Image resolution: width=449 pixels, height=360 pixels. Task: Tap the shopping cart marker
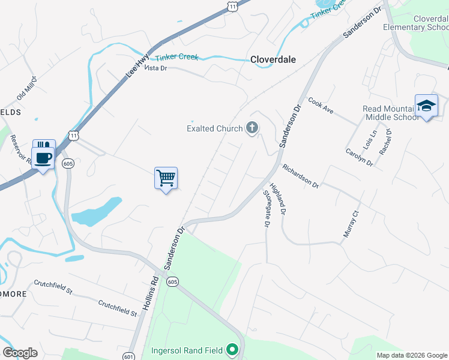166,178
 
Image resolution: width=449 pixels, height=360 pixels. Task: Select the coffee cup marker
43,158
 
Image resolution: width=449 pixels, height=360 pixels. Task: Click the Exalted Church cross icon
252,128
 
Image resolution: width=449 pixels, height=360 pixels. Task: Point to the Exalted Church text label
214,128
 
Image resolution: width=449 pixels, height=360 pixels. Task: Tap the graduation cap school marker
426,106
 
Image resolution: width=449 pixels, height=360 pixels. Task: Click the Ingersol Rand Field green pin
232,350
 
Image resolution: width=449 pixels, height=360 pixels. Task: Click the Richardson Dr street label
300,176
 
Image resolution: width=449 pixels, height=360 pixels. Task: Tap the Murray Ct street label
351,224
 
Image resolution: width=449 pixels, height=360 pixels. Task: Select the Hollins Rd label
151,292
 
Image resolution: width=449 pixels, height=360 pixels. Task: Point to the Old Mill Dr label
27,88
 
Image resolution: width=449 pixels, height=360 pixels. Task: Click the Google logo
20,353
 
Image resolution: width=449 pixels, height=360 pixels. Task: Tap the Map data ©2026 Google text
411,355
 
